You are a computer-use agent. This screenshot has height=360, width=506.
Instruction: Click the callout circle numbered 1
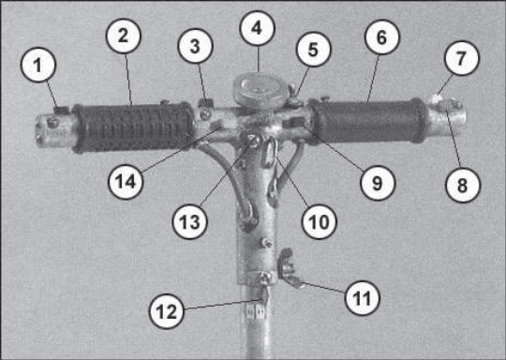click(x=38, y=65)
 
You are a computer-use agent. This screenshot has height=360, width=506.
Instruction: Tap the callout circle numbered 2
click(x=124, y=36)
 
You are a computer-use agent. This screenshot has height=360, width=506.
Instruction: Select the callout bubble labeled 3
click(x=195, y=46)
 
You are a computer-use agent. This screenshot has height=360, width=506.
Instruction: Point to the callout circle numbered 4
click(x=257, y=28)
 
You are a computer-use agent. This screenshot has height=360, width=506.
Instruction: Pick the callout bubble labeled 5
click(x=313, y=50)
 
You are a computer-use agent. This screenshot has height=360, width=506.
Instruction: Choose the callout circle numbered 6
click(x=382, y=37)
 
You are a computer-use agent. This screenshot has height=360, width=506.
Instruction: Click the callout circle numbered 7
click(x=462, y=58)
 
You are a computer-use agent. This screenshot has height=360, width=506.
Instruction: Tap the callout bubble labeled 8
click(x=463, y=185)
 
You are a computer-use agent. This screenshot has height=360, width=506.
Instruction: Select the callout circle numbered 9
click(x=378, y=183)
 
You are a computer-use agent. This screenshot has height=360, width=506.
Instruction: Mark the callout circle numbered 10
click(x=319, y=221)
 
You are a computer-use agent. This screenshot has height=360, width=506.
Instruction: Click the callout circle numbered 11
click(x=362, y=298)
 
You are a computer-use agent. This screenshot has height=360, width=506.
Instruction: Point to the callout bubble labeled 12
click(x=166, y=311)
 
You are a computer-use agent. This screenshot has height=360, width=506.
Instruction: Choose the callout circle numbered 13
click(x=189, y=221)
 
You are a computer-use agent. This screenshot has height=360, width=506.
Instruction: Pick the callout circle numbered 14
click(x=126, y=182)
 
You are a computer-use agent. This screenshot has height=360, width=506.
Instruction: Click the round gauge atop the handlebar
click(x=260, y=90)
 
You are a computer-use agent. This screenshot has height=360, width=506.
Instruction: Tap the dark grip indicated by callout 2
click(x=133, y=127)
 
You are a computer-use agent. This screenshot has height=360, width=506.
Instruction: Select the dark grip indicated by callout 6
click(x=368, y=121)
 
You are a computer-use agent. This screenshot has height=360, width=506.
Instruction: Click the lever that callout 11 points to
click(x=290, y=269)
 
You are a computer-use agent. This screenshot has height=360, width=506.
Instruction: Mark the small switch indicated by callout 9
click(x=293, y=123)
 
